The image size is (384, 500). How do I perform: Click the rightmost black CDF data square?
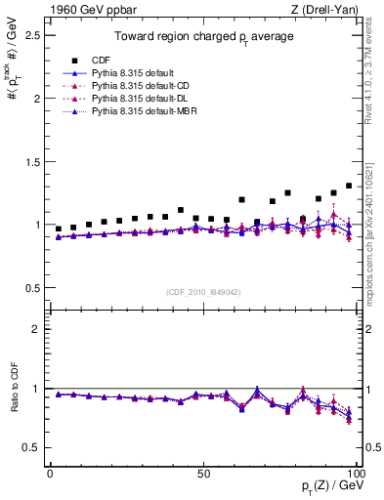pyautogui.click(x=349, y=186)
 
